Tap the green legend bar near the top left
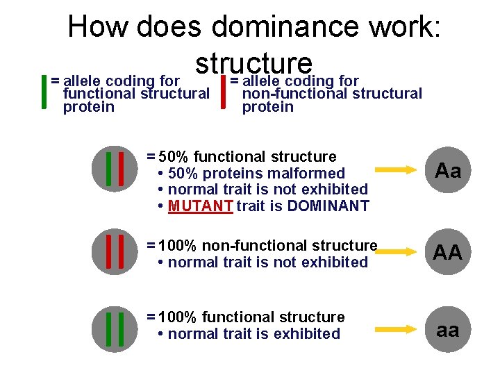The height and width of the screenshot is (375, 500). (x=45, y=92)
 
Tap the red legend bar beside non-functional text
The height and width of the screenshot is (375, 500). (x=222, y=92)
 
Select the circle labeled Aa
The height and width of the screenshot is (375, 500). (x=448, y=170)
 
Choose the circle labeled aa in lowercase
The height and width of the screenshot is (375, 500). (x=448, y=331)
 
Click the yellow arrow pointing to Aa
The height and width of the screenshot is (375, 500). (x=397, y=169)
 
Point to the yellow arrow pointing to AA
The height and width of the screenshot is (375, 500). (x=397, y=251)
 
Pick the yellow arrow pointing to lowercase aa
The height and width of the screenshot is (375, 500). (x=397, y=329)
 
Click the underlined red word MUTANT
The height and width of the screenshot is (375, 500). (x=200, y=206)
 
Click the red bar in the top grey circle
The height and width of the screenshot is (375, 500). (x=121, y=168)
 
